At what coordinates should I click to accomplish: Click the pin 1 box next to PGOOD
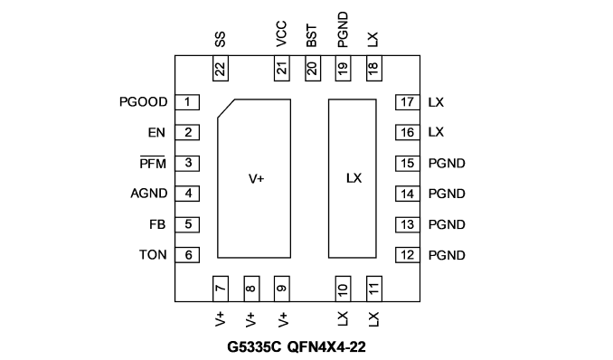(x=187, y=102)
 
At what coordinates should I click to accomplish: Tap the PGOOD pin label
(x=144, y=102)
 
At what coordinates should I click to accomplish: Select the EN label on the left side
(x=156, y=133)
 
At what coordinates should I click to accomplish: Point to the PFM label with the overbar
(x=153, y=163)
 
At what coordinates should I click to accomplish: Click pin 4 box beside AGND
(x=187, y=194)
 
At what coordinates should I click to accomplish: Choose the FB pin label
(x=157, y=224)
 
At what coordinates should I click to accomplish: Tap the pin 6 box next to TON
(x=187, y=255)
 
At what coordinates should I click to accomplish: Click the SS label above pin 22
(x=220, y=40)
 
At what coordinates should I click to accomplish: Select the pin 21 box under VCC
(x=282, y=69)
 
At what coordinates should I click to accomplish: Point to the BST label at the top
(x=312, y=36)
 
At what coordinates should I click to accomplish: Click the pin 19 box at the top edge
(x=343, y=69)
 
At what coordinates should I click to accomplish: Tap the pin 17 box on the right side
(x=408, y=102)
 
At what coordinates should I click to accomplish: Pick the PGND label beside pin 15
(x=447, y=163)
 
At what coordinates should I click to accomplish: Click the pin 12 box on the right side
(x=408, y=255)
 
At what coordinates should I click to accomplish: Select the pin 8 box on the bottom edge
(x=251, y=289)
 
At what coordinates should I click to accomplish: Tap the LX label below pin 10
(x=343, y=319)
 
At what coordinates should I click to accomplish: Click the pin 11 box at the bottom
(x=374, y=289)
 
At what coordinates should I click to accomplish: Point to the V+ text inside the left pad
(x=257, y=179)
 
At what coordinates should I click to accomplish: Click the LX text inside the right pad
(x=354, y=178)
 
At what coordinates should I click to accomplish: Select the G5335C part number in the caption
(x=254, y=346)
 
